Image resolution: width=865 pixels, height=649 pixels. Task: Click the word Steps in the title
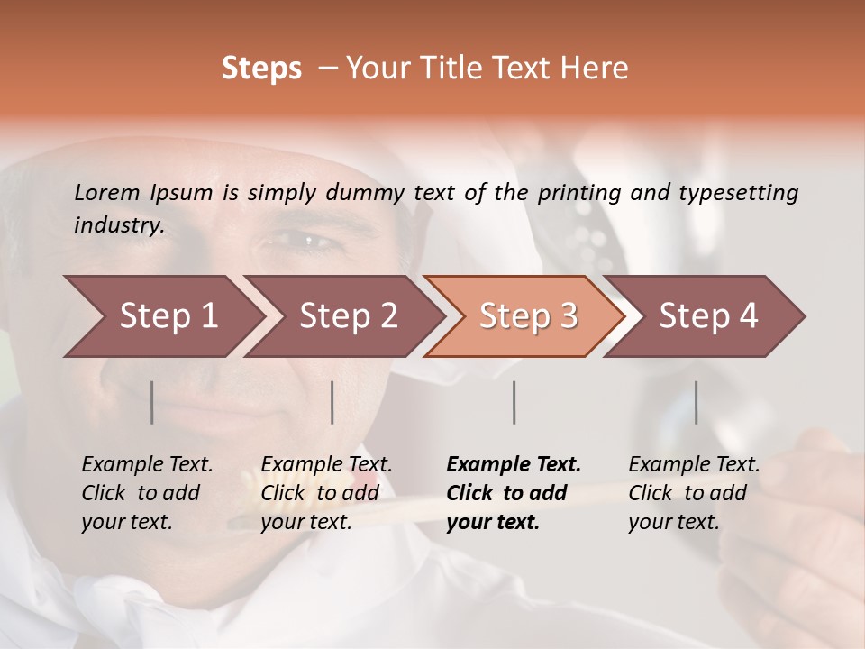coord(261,69)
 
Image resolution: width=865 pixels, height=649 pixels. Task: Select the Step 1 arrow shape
coord(162,316)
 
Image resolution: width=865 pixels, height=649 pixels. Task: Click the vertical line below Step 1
coord(152,402)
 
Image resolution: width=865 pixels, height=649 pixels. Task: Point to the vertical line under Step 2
coord(332,402)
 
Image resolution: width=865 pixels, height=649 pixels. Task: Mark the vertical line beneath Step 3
coord(514,402)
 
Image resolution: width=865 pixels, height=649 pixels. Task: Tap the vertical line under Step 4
coord(696,402)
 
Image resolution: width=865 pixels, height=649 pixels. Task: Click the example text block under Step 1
coord(147,493)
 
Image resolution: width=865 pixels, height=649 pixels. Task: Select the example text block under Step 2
coord(326,493)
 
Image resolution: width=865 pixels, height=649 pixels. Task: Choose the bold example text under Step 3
coord(514,493)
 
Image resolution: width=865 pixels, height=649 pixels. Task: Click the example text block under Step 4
coord(694,493)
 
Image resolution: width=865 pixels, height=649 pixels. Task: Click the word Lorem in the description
coord(107,192)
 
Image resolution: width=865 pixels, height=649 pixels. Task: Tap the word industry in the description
coord(119,224)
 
